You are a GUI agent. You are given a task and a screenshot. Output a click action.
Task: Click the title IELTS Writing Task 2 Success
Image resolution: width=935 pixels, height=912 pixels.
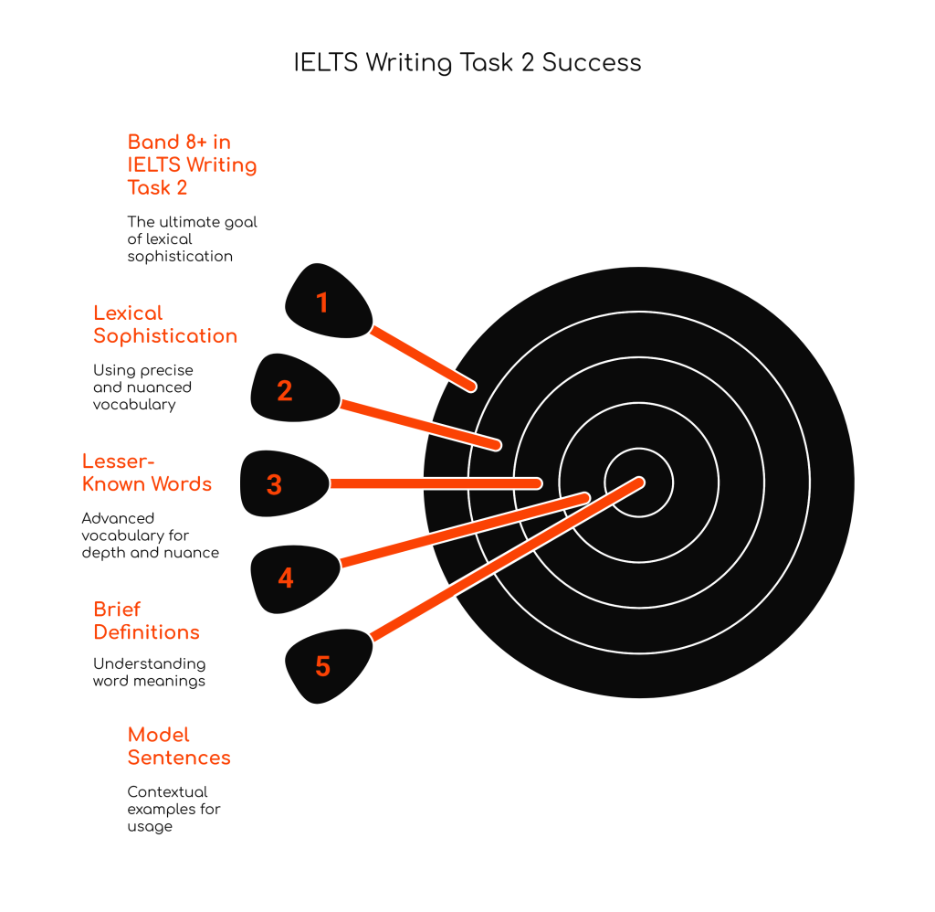467,62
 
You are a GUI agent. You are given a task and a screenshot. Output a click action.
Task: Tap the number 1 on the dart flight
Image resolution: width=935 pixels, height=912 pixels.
322,302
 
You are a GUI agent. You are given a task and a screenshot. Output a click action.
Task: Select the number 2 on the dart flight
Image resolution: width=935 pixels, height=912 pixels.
285,391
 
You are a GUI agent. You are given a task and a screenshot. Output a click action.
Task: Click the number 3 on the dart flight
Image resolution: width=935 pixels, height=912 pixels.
274,484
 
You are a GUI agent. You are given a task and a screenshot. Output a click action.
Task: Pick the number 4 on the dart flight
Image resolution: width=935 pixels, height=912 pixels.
286,578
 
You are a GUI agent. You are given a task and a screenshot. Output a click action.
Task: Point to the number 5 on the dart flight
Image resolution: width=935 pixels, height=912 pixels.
322,666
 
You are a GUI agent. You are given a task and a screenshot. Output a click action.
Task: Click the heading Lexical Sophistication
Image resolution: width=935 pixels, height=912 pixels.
164,324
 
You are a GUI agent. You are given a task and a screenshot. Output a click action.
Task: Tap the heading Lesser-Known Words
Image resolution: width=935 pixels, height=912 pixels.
147,472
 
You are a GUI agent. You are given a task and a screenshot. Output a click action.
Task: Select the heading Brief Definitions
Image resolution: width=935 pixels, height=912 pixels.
146,620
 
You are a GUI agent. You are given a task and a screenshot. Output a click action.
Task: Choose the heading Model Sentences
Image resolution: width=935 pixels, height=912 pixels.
179,746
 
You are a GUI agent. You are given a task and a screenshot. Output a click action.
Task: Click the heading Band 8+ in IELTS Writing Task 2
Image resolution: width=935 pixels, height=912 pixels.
192,164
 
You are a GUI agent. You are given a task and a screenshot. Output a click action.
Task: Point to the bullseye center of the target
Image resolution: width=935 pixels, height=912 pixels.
639,482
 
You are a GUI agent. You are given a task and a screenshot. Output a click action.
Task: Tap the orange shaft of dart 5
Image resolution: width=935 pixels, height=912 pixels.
502,560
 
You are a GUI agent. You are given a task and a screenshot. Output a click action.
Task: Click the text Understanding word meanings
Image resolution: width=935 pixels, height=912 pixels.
149,672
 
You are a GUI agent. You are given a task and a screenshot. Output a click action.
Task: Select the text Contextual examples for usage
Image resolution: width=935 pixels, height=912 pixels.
173,809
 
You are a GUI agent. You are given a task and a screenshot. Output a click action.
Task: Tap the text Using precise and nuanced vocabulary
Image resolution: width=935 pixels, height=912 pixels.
142,387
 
